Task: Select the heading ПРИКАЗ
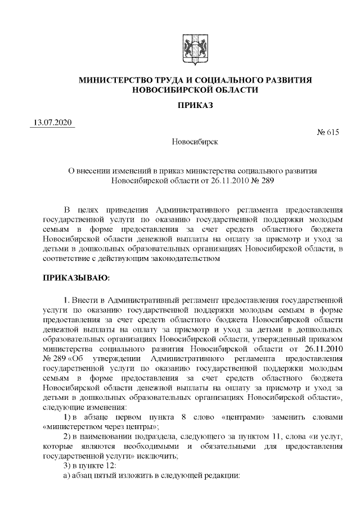point(195,106)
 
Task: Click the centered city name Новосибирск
point(195,142)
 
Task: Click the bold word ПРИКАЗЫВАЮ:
point(76,278)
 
